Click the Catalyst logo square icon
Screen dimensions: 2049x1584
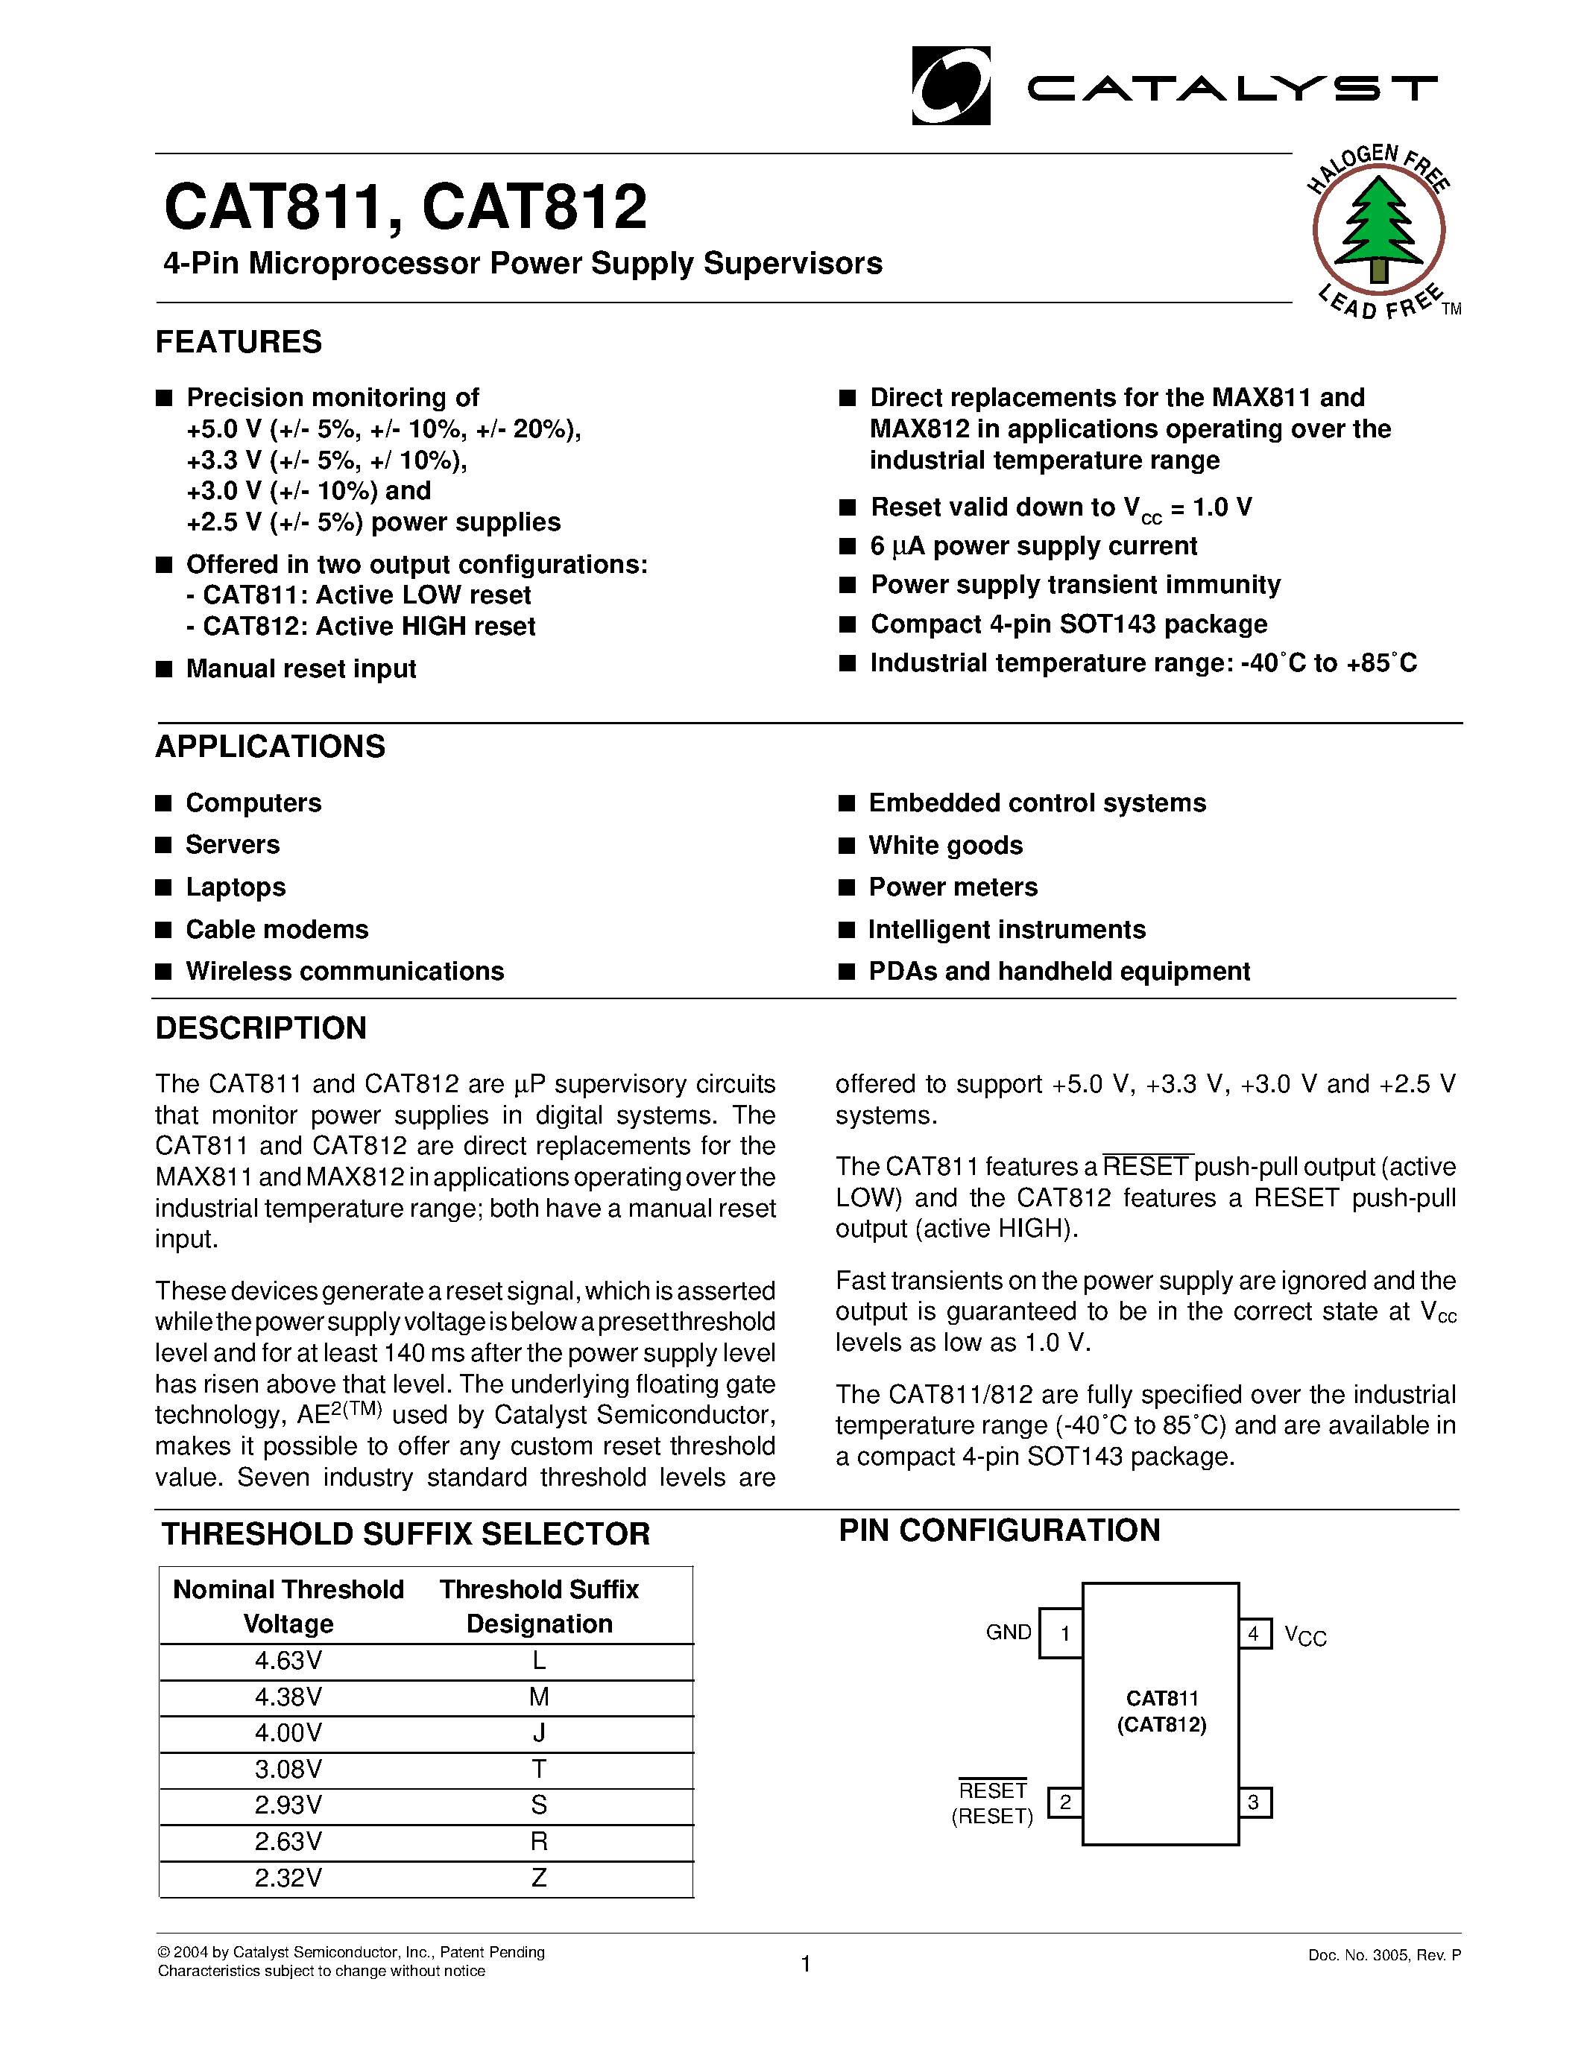(x=950, y=86)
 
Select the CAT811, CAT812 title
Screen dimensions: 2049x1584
(x=406, y=207)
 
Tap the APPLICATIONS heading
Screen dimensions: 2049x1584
(x=271, y=747)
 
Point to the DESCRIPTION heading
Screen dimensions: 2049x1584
(x=261, y=1028)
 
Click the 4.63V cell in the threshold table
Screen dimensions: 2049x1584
(x=288, y=1662)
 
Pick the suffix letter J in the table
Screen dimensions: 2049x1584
(x=539, y=1734)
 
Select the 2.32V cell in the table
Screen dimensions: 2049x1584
(x=288, y=1878)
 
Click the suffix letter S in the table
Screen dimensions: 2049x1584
(x=539, y=1806)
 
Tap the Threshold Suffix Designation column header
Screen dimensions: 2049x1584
(x=539, y=1606)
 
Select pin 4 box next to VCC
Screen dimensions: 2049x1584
(x=1255, y=1634)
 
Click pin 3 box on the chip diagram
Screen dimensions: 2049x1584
(x=1255, y=1803)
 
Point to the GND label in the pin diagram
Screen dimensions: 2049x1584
(x=1009, y=1632)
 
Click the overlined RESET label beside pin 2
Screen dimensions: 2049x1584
(x=993, y=1791)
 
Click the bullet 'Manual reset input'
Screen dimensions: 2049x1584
(x=300, y=669)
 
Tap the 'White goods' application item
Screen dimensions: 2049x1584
(x=945, y=846)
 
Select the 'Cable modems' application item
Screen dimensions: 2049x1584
(x=277, y=930)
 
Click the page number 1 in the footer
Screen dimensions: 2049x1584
(x=806, y=1963)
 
